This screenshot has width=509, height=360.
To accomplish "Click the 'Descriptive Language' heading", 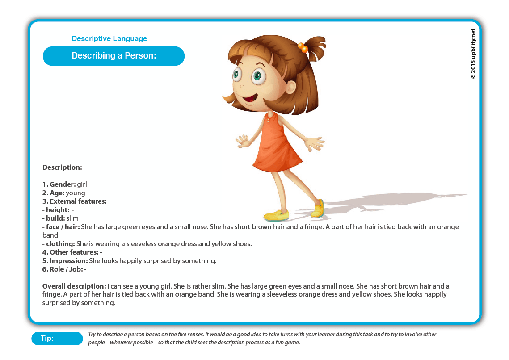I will pos(109,39).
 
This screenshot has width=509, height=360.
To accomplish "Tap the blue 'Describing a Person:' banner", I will pos(114,56).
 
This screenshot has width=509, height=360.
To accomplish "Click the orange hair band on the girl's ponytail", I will pos(303,47).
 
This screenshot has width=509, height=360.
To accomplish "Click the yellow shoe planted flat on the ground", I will pos(276,215).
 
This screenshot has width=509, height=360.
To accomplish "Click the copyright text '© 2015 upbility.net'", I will pos(473,54).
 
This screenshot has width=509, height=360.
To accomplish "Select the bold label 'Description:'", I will pos(62,167).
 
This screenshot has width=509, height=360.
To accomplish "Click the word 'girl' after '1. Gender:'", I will pos(82,184).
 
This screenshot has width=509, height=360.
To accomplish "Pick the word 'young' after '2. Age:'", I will pos(75,193).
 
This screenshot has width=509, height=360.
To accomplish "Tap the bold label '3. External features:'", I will pos(74,201).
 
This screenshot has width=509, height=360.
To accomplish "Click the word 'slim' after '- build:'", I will pos(72,218).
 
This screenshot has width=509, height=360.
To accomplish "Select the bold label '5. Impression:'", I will pos(65,261).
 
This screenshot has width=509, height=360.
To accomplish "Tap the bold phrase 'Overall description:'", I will pos(74,286).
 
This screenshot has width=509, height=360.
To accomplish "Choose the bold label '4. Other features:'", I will pos(70,252).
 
